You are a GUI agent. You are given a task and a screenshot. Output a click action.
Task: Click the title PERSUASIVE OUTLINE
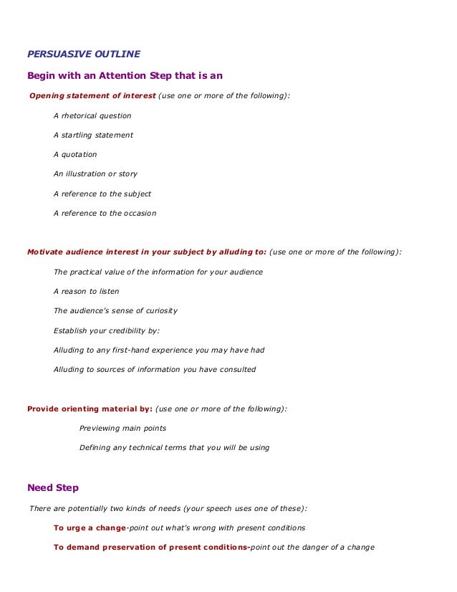83,54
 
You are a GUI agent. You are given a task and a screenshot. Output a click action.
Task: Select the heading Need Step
52,488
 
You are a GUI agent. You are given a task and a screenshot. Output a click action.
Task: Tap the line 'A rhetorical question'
92,115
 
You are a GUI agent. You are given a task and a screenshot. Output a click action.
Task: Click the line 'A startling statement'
93,135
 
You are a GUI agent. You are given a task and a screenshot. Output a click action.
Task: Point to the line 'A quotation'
75,154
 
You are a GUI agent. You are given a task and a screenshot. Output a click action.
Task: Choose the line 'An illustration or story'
95,173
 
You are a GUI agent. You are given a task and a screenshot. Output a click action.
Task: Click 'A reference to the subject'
102,194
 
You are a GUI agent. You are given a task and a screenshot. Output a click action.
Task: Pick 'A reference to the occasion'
105,213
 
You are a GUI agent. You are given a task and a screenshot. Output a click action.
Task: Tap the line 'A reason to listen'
86,292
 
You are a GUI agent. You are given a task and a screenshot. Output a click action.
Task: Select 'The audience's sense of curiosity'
115,311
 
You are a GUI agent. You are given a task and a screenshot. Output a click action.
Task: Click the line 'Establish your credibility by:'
107,330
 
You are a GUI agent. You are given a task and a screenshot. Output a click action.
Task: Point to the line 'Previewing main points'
122,428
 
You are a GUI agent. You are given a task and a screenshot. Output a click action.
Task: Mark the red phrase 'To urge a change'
90,527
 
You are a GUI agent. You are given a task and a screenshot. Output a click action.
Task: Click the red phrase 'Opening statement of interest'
91,95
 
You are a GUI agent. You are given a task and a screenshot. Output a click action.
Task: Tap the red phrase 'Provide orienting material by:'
90,409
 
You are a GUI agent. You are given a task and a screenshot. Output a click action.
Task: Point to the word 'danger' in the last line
327,548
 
